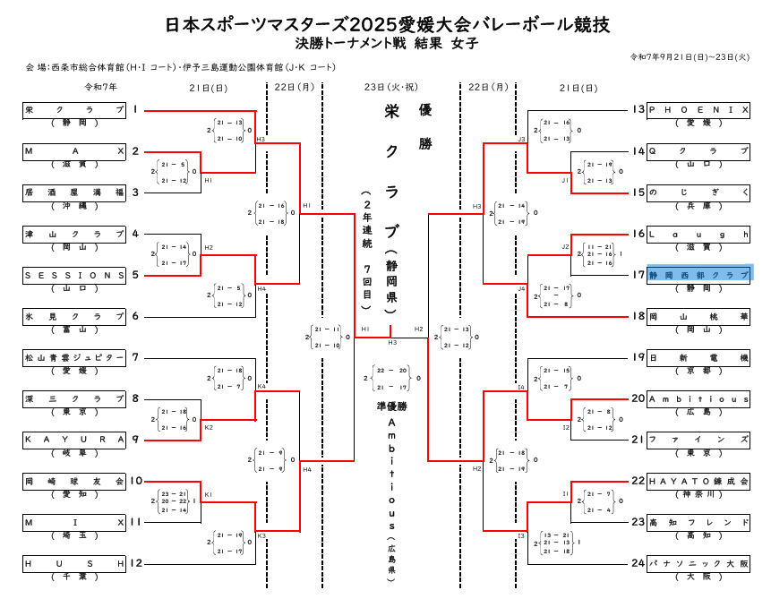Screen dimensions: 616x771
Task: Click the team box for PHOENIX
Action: coord(698,110)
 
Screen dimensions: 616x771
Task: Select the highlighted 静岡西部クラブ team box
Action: coord(698,275)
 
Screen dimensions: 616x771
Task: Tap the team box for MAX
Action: coord(74,151)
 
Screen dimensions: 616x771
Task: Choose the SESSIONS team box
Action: coord(74,275)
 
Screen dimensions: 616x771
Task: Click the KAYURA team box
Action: coord(74,440)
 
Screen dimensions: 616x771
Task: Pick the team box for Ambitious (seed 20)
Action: coord(698,398)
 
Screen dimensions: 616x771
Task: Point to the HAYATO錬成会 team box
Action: coord(698,481)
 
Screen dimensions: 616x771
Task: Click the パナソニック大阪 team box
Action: coord(698,563)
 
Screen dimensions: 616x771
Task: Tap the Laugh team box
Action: coord(698,234)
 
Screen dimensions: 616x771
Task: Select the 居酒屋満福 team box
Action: coord(74,192)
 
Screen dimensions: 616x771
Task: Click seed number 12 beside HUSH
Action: coord(136,563)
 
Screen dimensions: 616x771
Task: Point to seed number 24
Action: coord(638,563)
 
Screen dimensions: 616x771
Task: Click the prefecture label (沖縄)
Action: coord(74,206)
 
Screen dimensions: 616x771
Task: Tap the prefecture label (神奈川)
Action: coord(698,494)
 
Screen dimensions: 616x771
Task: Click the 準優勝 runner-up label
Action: coord(391,406)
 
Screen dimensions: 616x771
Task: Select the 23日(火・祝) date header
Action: coord(391,87)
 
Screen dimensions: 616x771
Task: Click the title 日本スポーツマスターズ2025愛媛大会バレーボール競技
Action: coord(387,24)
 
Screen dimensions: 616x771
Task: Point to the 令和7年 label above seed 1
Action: coord(101,87)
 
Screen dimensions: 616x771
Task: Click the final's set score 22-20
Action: coord(391,370)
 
